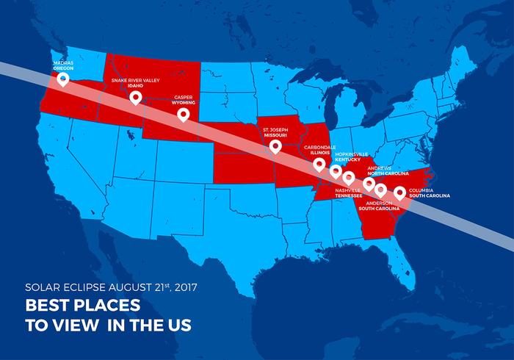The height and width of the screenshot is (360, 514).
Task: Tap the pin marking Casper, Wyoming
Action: tap(183, 114)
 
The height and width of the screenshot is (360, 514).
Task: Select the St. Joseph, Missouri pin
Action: tap(275, 146)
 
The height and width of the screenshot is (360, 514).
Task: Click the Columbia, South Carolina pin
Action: tap(399, 192)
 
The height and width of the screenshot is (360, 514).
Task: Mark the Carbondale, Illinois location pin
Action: tap(319, 164)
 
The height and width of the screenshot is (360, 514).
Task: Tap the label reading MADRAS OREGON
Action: tap(63, 65)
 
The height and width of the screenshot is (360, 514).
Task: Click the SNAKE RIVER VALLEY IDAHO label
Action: tap(135, 82)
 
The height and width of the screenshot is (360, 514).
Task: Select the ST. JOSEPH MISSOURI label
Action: tap(276, 132)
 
